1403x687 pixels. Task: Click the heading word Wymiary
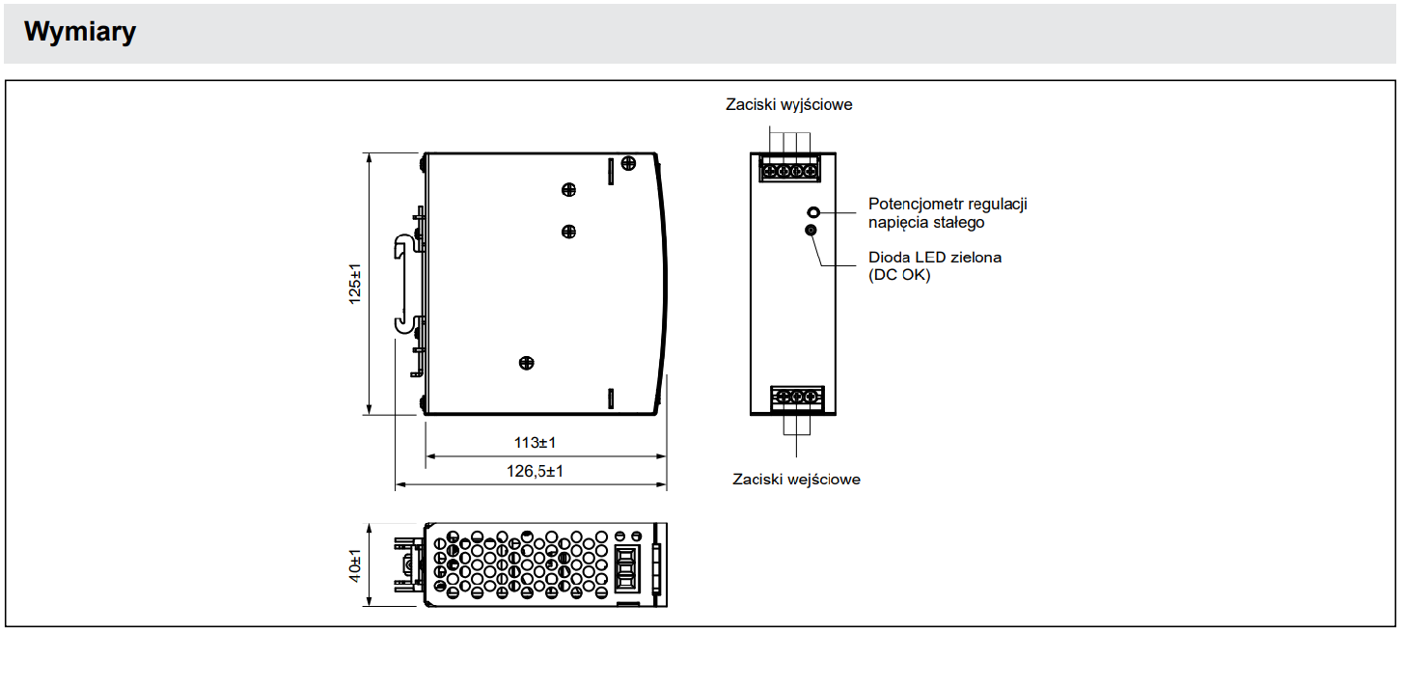(80, 32)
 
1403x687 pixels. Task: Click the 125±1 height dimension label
(355, 285)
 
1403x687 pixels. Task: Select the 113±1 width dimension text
(535, 443)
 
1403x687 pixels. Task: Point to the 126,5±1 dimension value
(535, 471)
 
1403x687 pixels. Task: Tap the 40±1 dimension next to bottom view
(355, 565)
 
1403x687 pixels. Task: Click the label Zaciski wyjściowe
(788, 104)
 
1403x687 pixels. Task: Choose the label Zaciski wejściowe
(796, 479)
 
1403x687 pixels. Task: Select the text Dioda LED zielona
(934, 258)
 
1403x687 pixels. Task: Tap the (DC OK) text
(899, 275)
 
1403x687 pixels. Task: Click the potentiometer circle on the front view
(813, 211)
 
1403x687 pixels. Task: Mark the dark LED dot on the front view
(811, 230)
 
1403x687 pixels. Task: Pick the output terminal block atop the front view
(788, 170)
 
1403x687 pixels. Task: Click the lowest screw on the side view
(526, 363)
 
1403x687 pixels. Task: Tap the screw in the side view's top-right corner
(628, 163)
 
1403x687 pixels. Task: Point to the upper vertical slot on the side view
(610, 171)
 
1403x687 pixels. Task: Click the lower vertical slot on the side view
(610, 398)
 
